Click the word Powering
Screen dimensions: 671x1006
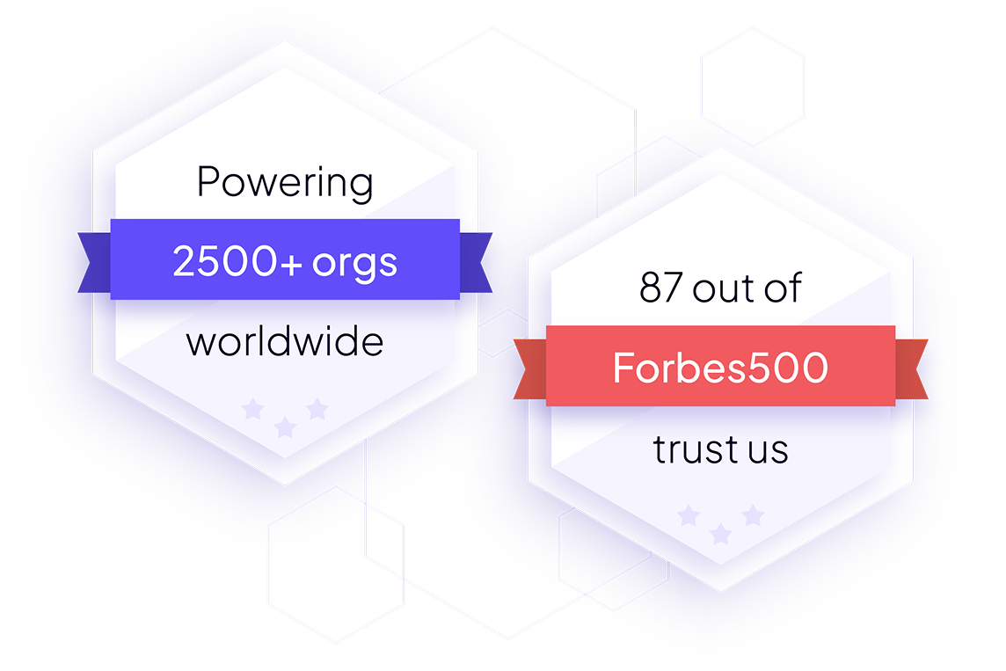pyautogui.click(x=285, y=183)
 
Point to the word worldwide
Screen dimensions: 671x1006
pyautogui.click(x=285, y=341)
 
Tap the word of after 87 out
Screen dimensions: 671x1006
pyautogui.click(x=783, y=288)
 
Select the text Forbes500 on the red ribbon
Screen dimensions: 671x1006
pyautogui.click(x=720, y=368)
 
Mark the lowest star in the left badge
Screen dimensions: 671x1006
pyautogui.click(x=284, y=427)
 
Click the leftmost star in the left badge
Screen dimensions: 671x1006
pyautogui.click(x=252, y=409)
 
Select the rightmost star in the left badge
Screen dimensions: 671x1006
pyautogui.click(x=317, y=409)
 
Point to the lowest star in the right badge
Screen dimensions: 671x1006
pyautogui.click(x=720, y=533)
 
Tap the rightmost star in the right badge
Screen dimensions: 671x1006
pyautogui.click(x=753, y=515)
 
